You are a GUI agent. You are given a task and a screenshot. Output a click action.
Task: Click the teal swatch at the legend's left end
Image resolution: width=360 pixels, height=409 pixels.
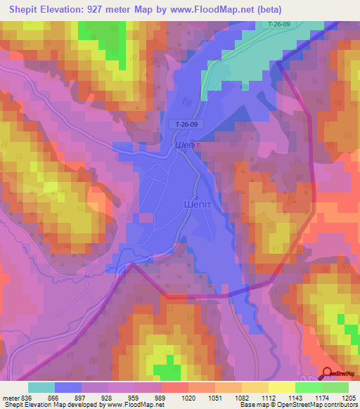click(x=41, y=387)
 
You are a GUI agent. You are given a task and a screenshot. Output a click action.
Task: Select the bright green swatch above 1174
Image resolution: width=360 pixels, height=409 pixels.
click(x=308, y=387)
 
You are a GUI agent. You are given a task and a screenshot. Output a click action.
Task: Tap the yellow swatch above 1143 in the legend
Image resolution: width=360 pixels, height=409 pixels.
click(x=281, y=387)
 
